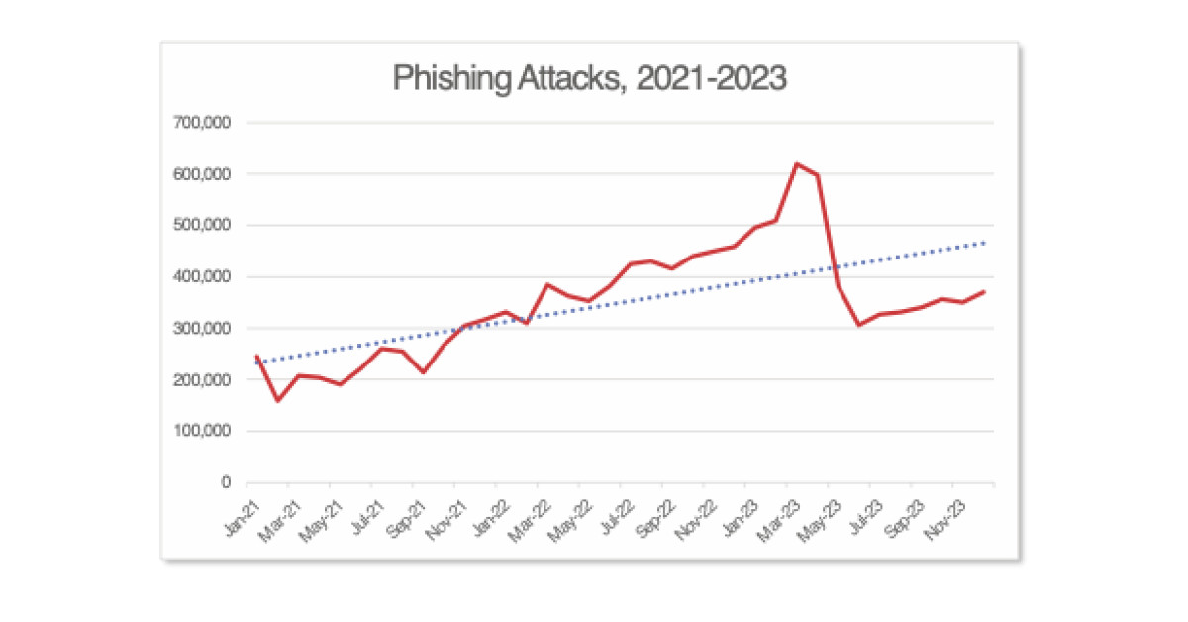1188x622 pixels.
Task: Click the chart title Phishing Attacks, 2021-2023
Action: click(590, 79)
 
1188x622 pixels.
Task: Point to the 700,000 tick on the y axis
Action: click(204, 123)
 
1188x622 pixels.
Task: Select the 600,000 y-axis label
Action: click(204, 174)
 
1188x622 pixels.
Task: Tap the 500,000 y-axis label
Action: click(204, 226)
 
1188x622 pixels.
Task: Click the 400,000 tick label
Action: click(204, 277)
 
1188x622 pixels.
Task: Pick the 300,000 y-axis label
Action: click(204, 329)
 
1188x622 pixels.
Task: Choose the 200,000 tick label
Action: click(204, 380)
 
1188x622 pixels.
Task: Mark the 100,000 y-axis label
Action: click(204, 432)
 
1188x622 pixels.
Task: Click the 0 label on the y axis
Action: click(226, 483)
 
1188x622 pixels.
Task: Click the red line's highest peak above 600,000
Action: click(797, 163)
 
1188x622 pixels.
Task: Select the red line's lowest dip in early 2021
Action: click(277, 401)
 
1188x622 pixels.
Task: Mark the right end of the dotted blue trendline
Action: click(985, 242)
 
